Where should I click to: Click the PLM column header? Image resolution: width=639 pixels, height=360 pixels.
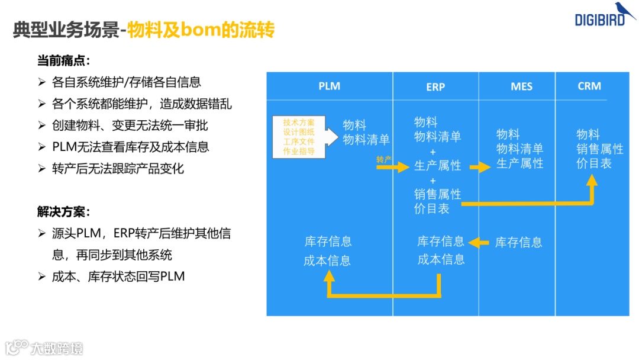tap(329, 86)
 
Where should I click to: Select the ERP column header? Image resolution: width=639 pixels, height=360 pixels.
tap(435, 86)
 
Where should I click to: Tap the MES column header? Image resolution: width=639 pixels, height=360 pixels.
tap(521, 86)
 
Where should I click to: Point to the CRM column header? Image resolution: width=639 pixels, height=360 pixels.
tap(589, 86)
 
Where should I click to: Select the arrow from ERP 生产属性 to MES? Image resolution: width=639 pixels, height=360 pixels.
tap(480, 167)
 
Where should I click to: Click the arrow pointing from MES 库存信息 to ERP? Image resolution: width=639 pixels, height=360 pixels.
tap(479, 242)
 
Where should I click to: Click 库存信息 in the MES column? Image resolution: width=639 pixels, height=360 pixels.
tap(519, 242)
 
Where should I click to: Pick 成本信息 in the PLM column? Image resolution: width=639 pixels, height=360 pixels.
tap(327, 261)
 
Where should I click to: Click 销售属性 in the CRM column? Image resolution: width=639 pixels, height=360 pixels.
tap(600, 149)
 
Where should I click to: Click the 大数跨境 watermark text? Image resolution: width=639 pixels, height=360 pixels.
tap(57, 348)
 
